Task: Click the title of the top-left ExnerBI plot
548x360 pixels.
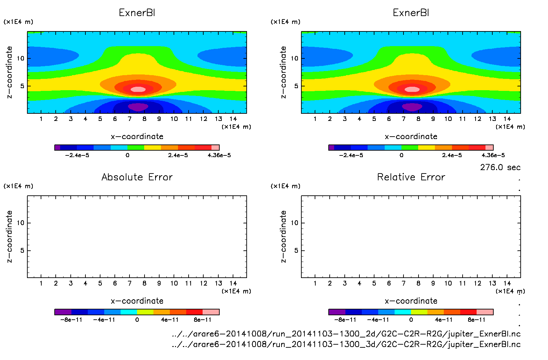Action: (x=137, y=13)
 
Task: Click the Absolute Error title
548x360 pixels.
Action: (x=137, y=177)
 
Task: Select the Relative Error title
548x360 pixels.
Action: (x=411, y=177)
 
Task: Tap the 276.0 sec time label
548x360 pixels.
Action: (x=500, y=167)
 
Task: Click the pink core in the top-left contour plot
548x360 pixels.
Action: (x=138, y=89)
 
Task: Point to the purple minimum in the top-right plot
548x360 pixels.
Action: (x=412, y=107)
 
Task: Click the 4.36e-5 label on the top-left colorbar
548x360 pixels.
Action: (x=219, y=155)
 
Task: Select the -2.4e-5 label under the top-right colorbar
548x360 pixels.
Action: (x=351, y=155)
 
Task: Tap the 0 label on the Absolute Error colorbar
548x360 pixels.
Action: (x=137, y=320)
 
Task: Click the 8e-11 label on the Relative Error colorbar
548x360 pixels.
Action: (x=476, y=320)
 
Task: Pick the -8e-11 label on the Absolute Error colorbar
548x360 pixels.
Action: (x=71, y=320)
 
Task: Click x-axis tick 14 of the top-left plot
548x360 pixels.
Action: (x=233, y=119)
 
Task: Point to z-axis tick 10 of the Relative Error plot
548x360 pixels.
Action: (x=294, y=223)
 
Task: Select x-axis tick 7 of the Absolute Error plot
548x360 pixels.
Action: (x=129, y=283)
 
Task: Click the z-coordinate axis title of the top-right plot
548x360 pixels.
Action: (x=283, y=72)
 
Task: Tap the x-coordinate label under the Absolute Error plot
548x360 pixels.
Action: (x=137, y=301)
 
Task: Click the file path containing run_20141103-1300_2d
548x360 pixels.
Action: (x=346, y=334)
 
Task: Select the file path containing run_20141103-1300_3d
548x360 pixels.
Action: (x=346, y=344)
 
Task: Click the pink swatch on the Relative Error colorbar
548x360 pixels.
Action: (x=485, y=312)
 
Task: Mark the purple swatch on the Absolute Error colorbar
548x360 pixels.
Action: (x=63, y=312)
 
